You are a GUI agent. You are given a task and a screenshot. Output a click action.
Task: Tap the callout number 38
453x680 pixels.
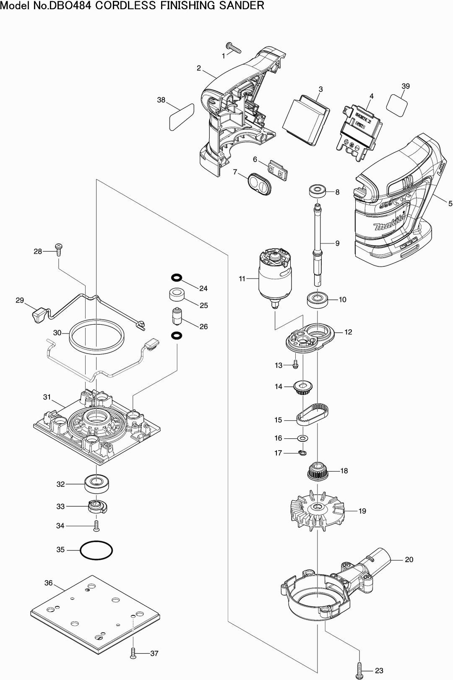coord(161,100)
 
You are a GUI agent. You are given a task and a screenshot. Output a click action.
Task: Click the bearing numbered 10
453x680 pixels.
coord(318,300)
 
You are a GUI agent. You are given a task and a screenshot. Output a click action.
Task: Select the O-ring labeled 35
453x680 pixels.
coord(96,550)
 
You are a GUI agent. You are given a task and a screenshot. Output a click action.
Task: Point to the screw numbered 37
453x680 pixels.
coord(133,653)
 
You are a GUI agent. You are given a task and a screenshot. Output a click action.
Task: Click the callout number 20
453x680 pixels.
coord(409,560)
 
